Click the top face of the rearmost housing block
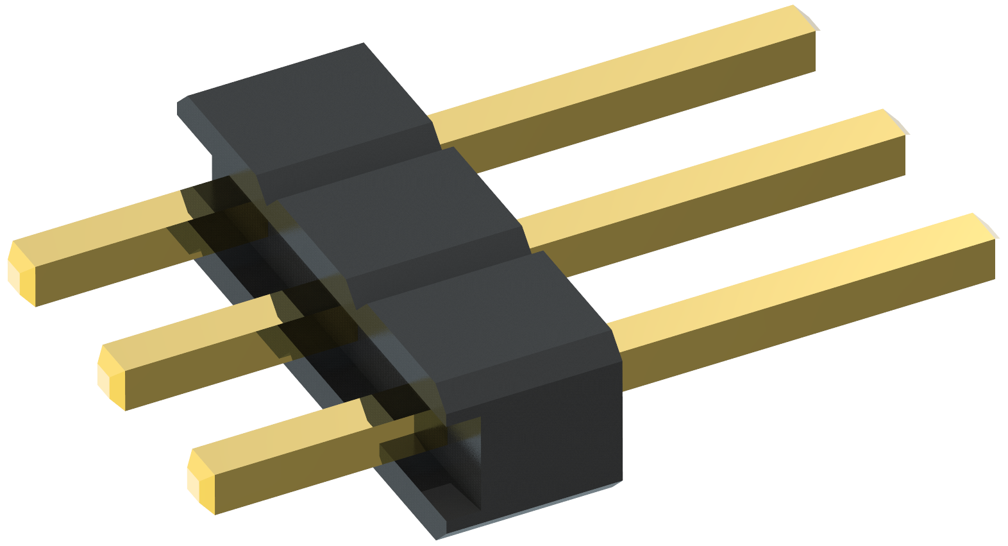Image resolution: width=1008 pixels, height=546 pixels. point(308,109)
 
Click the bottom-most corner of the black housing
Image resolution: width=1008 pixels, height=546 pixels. point(438,538)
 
